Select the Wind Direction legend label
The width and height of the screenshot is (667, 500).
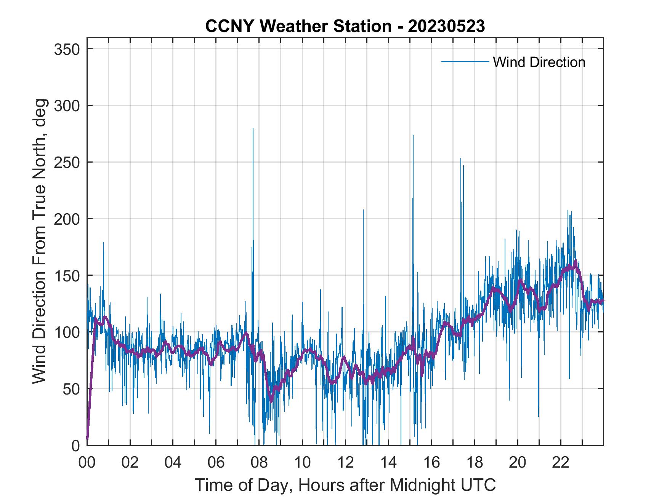[539, 62]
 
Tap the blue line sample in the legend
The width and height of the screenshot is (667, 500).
[465, 62]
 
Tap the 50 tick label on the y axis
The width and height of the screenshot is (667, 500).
[72, 389]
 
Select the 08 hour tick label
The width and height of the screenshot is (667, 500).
[259, 462]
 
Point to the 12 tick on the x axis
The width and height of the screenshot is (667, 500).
[345, 462]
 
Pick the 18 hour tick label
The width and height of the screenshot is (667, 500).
[475, 462]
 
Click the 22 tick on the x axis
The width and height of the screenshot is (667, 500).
[561, 462]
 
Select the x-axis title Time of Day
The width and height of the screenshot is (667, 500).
[345, 485]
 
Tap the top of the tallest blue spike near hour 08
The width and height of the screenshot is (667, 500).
[253, 129]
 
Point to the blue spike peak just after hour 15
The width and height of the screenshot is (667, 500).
[413, 136]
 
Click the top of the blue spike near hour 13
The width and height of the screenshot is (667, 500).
[363, 210]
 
